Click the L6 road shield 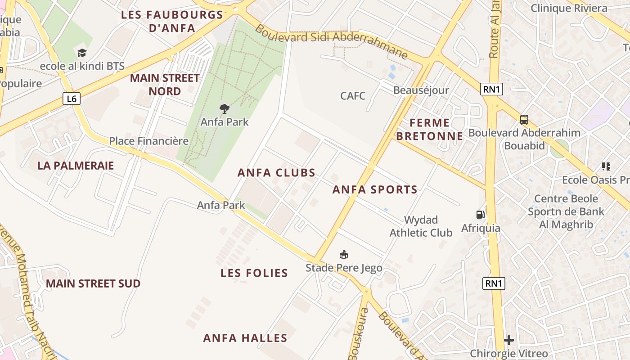(72, 99)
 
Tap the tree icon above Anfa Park (224, 108)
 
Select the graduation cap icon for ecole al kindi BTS (82, 53)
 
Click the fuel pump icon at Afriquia (481, 215)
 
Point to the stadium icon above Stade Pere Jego (344, 255)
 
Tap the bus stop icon (524, 120)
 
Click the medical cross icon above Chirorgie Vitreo (509, 340)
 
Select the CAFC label (353, 96)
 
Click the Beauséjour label (421, 90)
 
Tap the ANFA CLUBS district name (276, 173)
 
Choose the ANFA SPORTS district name (375, 190)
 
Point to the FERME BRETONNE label (430, 129)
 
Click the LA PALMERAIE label (76, 166)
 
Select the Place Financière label (148, 141)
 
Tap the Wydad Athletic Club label (421, 226)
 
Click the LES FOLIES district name (254, 273)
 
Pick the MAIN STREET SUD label (93, 283)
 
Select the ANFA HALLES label (245, 338)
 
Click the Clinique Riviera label (569, 8)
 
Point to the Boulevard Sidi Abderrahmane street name (331, 40)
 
